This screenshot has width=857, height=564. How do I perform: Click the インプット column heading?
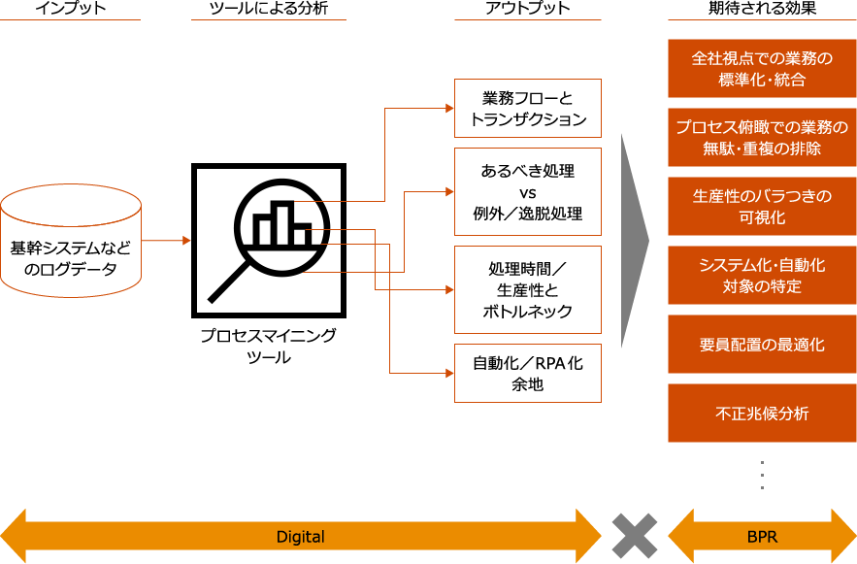71,9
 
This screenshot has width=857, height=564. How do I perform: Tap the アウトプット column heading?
527,9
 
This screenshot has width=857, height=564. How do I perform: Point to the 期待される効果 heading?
762,9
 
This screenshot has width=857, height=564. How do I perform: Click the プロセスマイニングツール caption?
269,346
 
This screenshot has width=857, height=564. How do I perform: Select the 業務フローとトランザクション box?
528,109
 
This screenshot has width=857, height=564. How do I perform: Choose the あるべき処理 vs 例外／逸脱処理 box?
528,191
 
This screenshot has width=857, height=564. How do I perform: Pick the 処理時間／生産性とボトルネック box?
528,289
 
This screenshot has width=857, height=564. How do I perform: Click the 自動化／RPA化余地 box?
528,373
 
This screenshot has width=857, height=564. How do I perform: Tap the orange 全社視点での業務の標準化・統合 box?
762,69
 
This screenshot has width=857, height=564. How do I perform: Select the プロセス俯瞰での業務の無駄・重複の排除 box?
762,138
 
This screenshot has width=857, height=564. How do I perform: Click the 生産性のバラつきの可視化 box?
762,207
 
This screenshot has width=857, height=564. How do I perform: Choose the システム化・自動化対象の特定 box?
762,276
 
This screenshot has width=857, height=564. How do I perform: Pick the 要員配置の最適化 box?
762,345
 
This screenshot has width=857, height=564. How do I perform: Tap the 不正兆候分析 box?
762,414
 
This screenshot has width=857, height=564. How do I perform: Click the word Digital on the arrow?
301,537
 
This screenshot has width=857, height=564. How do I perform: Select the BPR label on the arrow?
763,537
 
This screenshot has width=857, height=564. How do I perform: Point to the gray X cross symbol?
635,537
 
